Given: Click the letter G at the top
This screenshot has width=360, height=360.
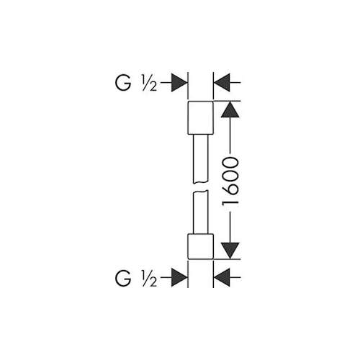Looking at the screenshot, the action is [x=123, y=83].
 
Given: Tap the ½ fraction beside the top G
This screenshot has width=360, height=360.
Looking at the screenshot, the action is [x=149, y=84].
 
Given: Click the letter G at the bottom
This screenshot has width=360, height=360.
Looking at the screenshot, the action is [x=123, y=278].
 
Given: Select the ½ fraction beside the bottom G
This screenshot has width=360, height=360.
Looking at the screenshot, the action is [x=149, y=279].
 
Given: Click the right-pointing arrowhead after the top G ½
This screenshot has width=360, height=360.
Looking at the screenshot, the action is [x=179, y=83].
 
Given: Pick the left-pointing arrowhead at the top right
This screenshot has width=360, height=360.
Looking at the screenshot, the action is [x=222, y=83].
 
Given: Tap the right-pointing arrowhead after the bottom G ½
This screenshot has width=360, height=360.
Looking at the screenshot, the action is [x=179, y=277].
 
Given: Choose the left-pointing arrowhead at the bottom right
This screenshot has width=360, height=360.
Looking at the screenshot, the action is [x=222, y=277].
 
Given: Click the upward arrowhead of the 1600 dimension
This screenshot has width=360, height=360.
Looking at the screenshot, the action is [x=230, y=109].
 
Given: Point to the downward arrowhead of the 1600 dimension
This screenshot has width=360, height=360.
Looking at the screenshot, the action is [x=230, y=251].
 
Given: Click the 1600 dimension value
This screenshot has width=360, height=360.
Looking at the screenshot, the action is [x=230, y=181].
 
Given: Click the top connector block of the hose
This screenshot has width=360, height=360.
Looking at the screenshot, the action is [x=200, y=117].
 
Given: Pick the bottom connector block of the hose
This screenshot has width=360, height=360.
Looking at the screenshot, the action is [x=200, y=246].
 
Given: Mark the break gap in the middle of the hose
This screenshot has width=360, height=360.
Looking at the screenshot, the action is [x=201, y=187].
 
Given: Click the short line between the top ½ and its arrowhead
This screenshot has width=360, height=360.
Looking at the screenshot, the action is [x=166, y=83].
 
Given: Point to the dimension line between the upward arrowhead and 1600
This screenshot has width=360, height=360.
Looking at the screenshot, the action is [x=230, y=135].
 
